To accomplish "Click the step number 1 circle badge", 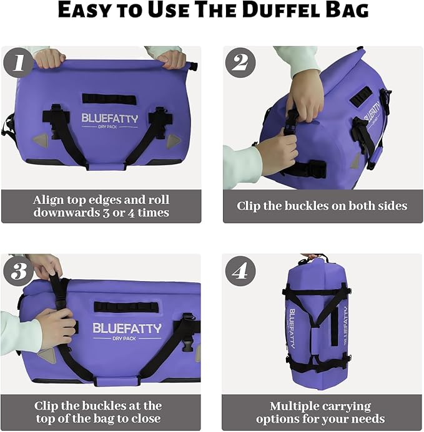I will coord(18,62).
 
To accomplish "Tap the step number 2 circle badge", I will coord(240,62).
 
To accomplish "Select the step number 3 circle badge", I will coord(18,271).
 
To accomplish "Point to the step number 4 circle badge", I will coord(240,271).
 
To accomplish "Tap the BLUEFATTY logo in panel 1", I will coord(109,118).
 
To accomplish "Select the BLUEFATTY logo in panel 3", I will coord(127,328).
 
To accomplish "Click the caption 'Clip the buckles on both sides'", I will coord(322,206).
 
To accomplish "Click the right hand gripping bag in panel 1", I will coord(171,59).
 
